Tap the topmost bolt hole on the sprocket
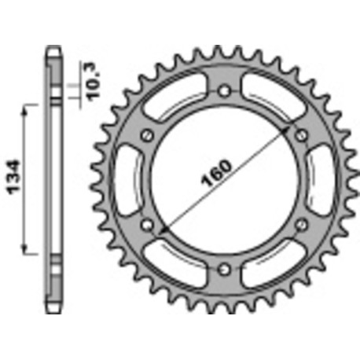226,91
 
